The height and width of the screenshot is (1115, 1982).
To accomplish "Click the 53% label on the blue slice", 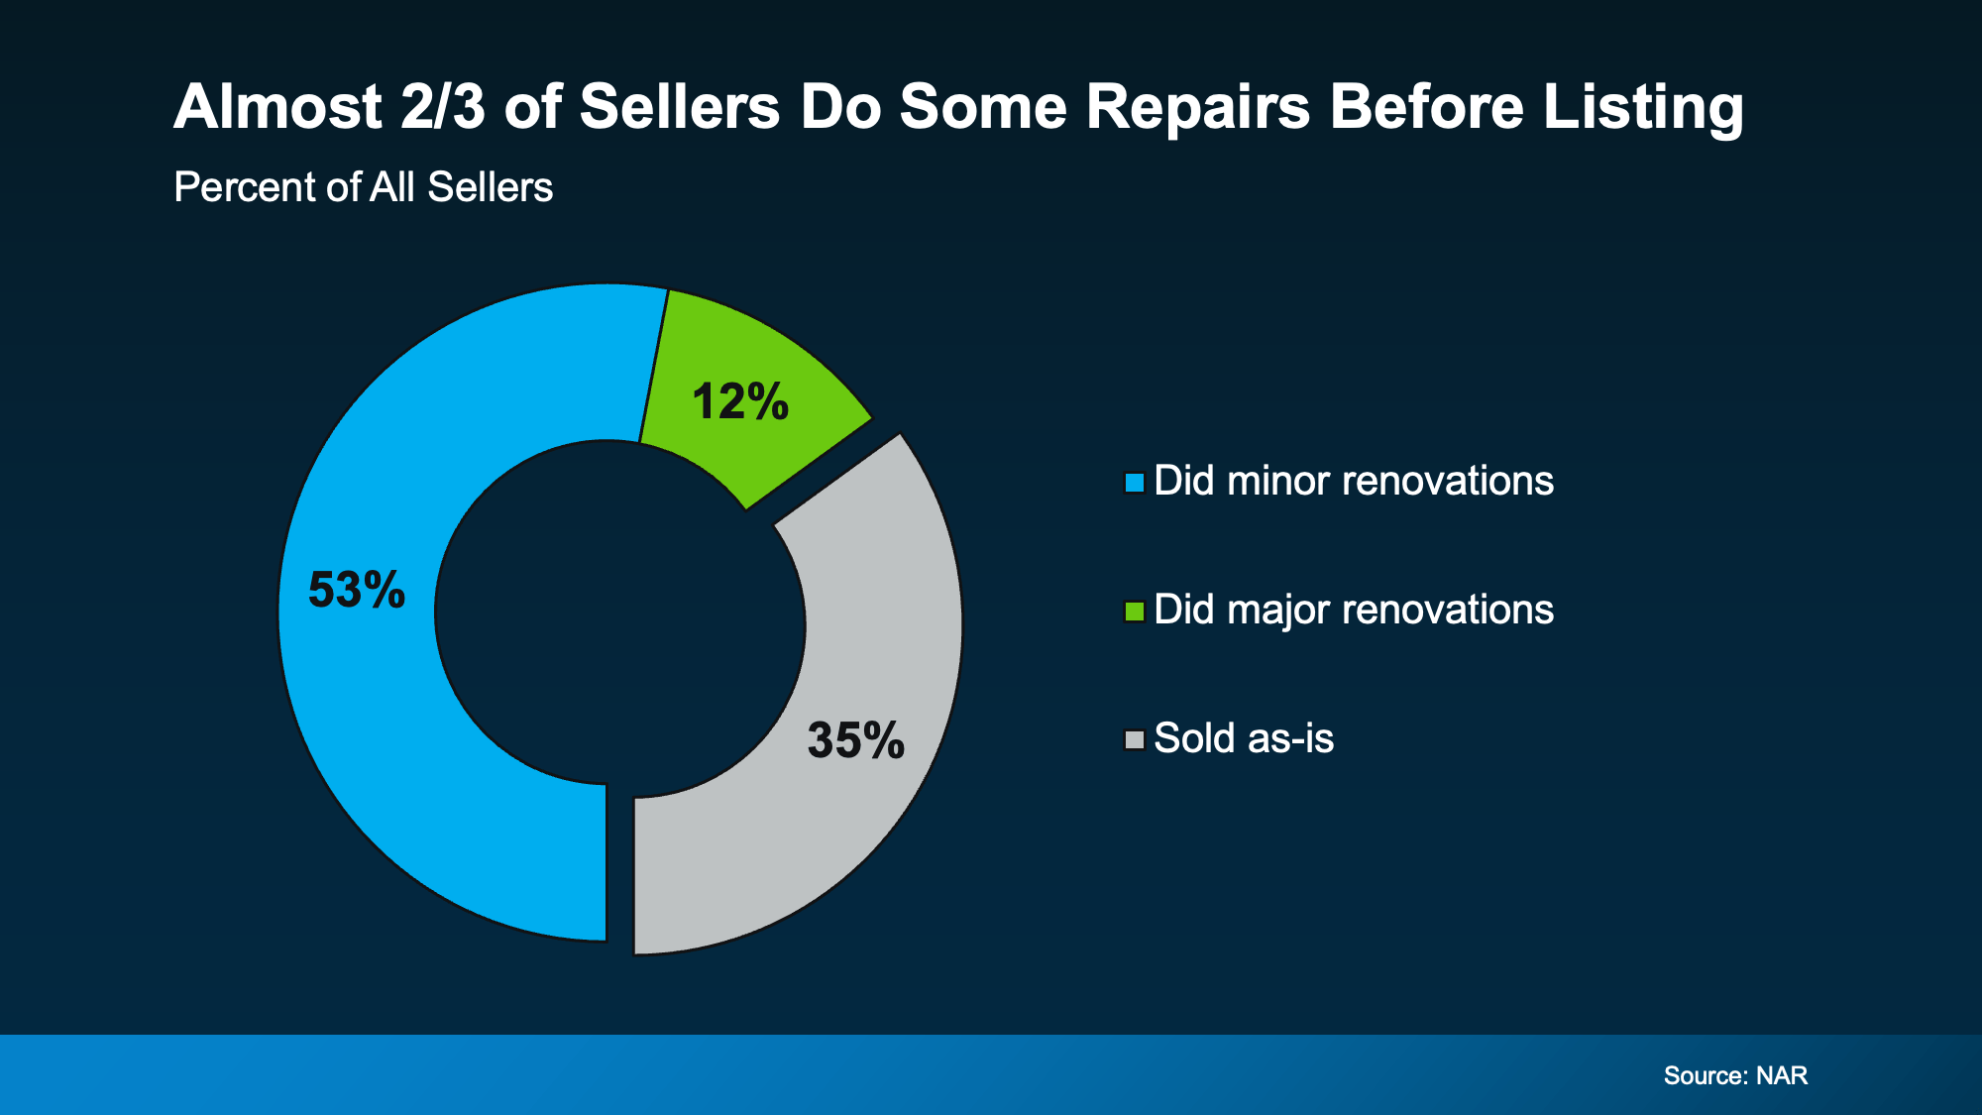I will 357,590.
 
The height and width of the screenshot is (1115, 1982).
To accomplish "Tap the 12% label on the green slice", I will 740,402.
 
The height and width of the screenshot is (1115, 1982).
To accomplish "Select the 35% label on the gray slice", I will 856,740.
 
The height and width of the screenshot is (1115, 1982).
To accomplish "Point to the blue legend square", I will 1135,483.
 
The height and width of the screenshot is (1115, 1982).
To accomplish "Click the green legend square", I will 1135,612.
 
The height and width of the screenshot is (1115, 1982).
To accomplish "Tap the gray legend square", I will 1135,740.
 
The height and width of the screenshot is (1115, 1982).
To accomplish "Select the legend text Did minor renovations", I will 1354,482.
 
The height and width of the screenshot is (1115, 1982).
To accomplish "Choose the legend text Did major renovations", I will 1354,611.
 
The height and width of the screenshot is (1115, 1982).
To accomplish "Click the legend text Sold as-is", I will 1244,739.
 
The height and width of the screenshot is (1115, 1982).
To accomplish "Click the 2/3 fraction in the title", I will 443,107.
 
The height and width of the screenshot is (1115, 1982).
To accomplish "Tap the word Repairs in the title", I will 1197,107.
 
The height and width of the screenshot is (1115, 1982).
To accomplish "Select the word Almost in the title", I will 278,107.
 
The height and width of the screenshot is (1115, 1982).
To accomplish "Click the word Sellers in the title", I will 680,107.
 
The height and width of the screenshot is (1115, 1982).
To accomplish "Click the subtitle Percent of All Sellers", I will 363,187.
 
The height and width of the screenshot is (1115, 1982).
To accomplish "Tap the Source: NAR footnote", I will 1735,1076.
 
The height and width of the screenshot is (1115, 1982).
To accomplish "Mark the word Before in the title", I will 1426,107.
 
